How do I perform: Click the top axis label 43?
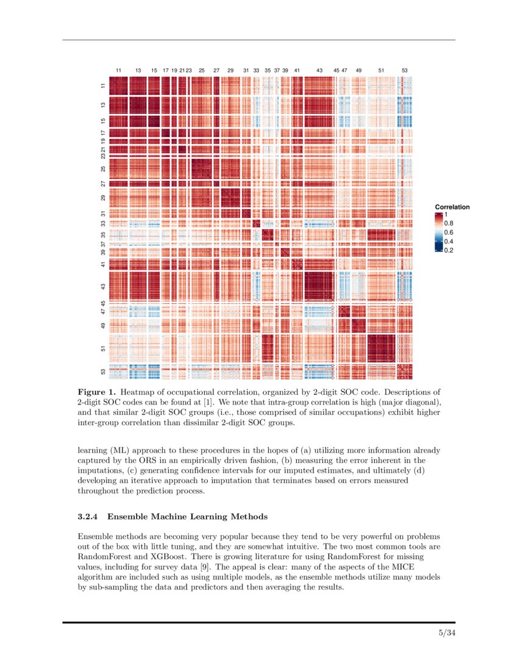[x=319, y=71]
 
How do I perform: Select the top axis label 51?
[x=381, y=71]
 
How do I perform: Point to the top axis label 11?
[x=119, y=71]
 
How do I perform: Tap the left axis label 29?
[x=104, y=198]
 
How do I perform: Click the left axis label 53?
[x=104, y=372]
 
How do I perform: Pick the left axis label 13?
[x=104, y=105]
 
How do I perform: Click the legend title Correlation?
[x=452, y=207]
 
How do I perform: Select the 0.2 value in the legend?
[x=449, y=250]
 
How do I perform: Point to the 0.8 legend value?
[x=449, y=224]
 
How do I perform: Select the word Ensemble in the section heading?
[x=129, y=517]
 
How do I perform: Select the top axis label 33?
[x=256, y=71]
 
